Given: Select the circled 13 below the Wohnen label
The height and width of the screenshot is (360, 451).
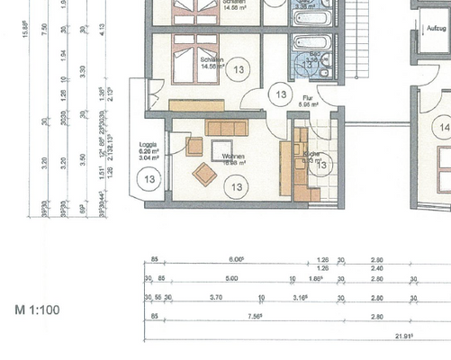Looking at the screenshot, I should tap(236, 187).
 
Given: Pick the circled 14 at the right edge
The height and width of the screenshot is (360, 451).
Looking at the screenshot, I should tap(443, 128).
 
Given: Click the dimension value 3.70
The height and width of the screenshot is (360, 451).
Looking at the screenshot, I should tap(215, 297).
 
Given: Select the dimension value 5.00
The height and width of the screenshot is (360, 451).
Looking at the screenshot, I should tap(232, 279).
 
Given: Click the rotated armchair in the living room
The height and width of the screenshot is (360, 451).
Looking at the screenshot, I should tap(204, 174).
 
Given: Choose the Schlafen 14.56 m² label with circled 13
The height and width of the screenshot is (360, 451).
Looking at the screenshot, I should tap(212, 62).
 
